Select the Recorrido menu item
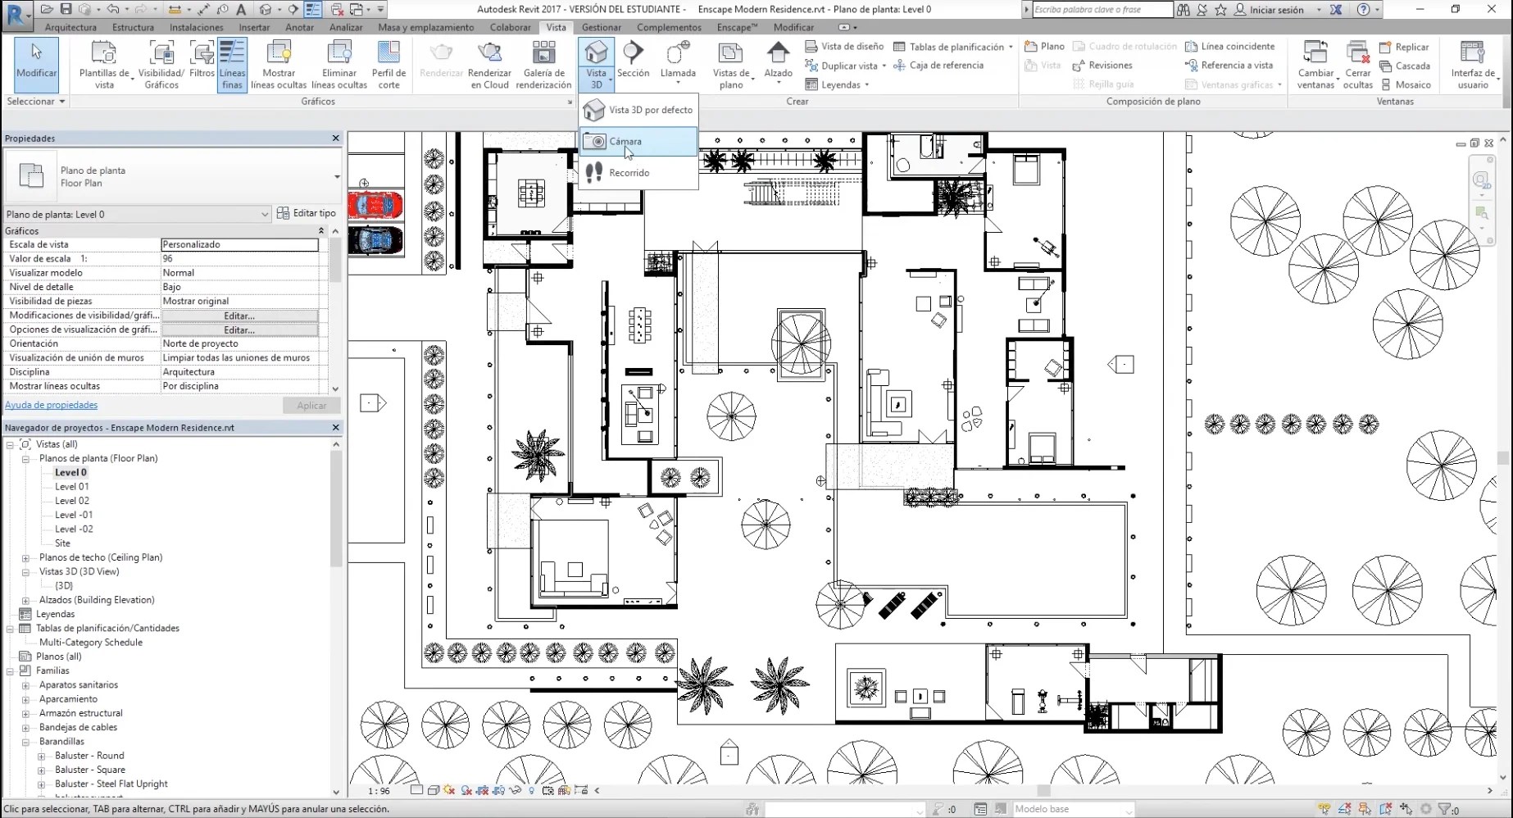(629, 173)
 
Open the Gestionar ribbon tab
(601, 27)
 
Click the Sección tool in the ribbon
(633, 61)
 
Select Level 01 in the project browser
(72, 487)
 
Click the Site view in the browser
(63, 543)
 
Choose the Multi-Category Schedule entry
(91, 643)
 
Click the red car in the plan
(375, 204)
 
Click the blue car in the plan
(375, 240)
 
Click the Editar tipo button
(307, 213)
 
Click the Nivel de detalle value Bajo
(239, 287)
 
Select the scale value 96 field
(239, 258)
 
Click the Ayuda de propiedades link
(51, 405)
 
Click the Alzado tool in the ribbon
(778, 61)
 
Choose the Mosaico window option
(1406, 84)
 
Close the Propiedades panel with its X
(335, 139)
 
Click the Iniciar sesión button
(1276, 10)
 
